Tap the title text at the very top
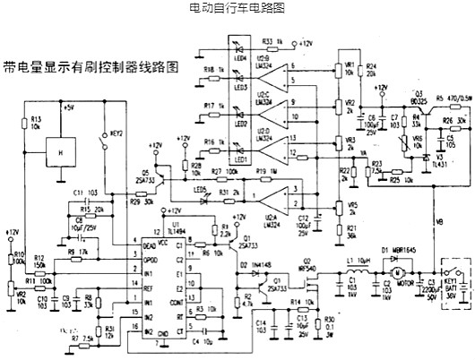(237, 8)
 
